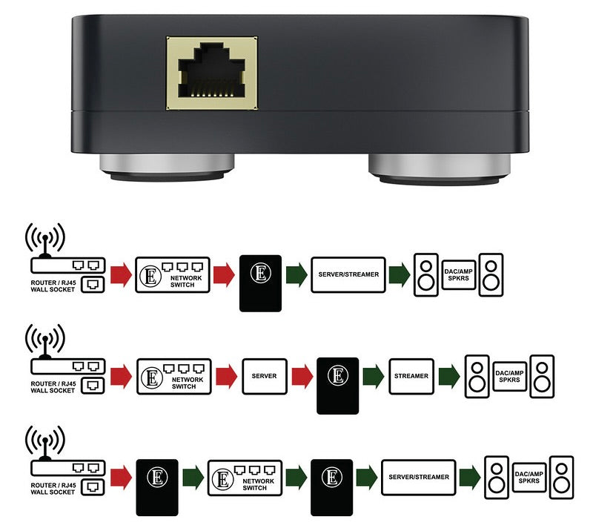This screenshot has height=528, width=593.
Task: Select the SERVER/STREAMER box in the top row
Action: point(348,274)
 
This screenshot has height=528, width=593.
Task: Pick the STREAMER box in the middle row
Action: point(410,376)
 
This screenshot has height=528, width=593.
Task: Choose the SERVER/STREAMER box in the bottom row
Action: point(419,477)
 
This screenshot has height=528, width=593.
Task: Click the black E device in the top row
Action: point(260,283)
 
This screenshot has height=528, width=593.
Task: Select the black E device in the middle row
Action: point(337,385)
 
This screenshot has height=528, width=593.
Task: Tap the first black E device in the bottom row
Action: point(156,486)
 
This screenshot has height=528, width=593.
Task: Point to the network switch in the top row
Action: point(173,274)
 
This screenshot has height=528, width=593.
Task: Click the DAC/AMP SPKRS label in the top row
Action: point(457,274)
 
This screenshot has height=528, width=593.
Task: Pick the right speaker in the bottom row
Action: point(563,477)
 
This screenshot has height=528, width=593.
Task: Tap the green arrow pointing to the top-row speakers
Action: point(400,274)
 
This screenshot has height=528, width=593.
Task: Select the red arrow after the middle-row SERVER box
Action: point(301,376)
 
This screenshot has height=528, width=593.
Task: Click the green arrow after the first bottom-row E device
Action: point(193,477)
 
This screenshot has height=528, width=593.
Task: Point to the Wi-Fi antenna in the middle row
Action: point(44,341)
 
